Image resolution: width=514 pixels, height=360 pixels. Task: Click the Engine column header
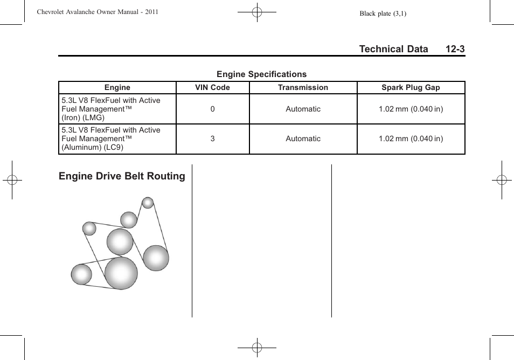117,87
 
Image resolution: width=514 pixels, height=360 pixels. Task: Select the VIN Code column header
212,87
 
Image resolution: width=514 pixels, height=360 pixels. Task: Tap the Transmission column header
303,87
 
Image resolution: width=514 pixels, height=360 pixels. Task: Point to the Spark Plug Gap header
411,87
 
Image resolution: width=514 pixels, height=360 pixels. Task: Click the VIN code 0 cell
212,109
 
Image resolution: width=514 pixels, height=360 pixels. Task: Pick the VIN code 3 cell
212,139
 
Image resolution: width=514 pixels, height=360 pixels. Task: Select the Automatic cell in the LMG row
303,109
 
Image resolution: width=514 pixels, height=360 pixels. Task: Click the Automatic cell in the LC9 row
303,139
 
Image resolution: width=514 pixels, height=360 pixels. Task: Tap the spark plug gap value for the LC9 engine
411,139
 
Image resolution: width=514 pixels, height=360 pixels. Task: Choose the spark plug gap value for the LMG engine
411,109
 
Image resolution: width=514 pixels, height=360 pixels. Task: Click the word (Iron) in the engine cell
71,117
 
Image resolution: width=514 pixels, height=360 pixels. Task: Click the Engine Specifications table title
261,74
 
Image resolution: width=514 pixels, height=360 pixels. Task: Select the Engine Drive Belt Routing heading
122,176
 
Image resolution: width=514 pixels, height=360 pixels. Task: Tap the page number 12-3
455,49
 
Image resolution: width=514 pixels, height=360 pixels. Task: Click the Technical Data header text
393,49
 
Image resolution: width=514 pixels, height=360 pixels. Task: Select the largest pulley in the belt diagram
121,273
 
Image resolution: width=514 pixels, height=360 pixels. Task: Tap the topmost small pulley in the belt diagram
148,203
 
